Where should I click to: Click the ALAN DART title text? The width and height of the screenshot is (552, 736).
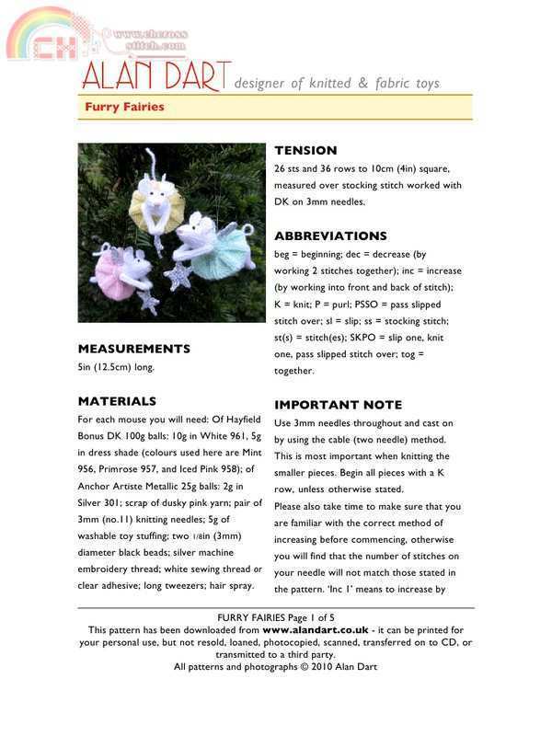(x=152, y=78)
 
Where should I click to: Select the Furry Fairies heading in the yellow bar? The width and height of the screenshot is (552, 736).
(x=124, y=107)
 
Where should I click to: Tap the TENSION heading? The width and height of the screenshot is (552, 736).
(x=305, y=150)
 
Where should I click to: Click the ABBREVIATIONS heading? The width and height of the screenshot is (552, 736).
(x=330, y=236)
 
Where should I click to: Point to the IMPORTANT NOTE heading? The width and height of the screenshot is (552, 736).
(x=338, y=405)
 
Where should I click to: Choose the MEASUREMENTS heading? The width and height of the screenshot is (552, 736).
(x=133, y=349)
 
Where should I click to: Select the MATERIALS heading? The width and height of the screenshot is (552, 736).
(x=117, y=401)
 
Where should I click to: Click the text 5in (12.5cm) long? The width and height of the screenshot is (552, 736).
(x=116, y=368)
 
